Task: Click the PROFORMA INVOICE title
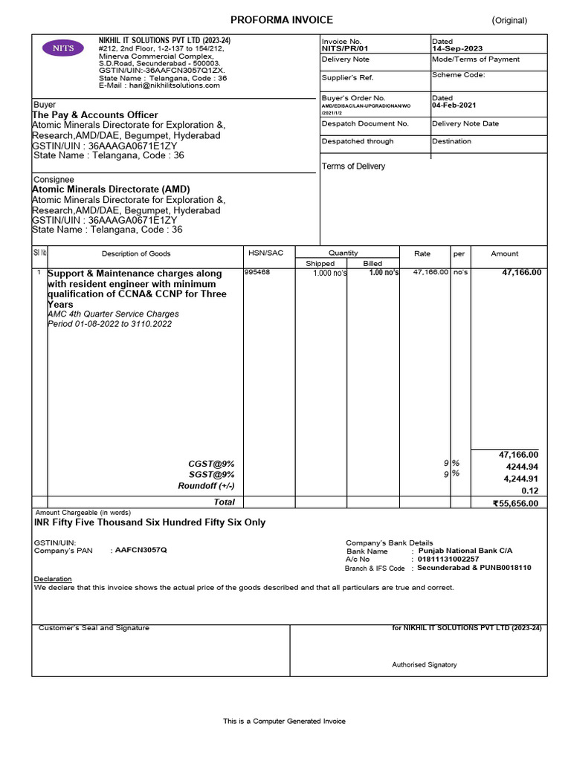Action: pos(282,20)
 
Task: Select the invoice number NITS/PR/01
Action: pos(344,48)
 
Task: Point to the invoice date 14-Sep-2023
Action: pos(457,48)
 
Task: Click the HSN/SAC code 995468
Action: pos(257,272)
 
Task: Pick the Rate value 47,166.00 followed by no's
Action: pos(430,272)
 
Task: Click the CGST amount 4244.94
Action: pos(522,467)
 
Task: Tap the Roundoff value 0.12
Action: pos(529,490)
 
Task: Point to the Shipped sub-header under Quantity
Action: pos(320,263)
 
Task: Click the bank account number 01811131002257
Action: pos(448,559)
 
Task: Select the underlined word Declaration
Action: pos(53,578)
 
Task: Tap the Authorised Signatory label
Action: pos(425,664)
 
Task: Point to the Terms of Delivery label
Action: pos(353,166)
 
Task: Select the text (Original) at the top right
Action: pos(509,21)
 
